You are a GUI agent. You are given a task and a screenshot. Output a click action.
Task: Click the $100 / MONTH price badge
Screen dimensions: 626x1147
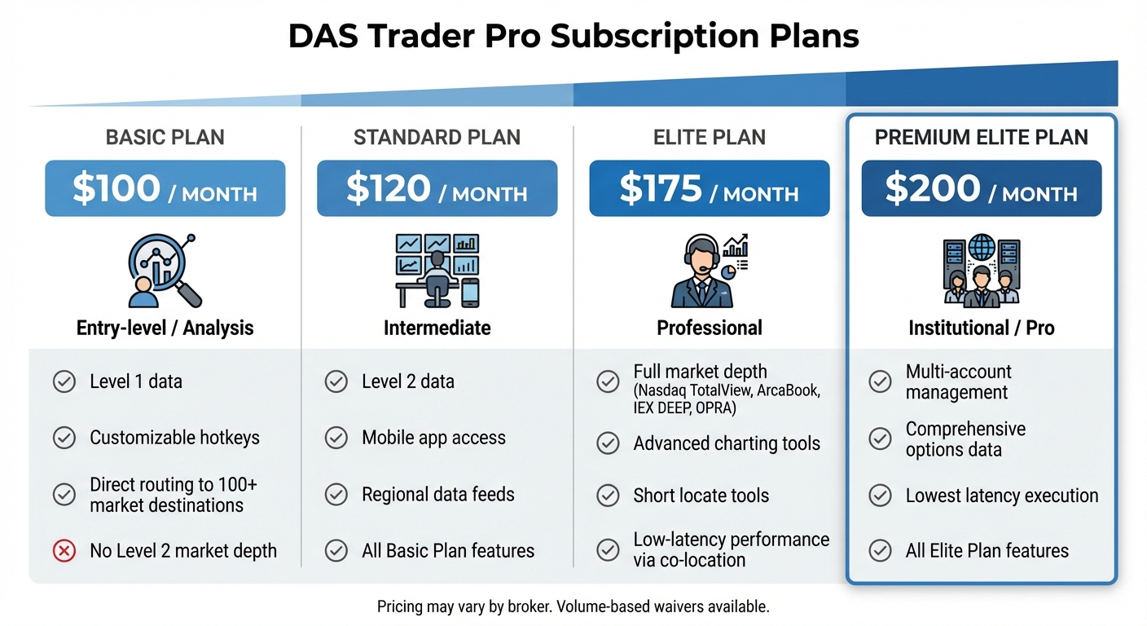point(165,188)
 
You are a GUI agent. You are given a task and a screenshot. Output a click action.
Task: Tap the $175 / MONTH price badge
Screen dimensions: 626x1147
point(709,188)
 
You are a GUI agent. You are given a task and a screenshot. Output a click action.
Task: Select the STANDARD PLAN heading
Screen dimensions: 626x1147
point(437,137)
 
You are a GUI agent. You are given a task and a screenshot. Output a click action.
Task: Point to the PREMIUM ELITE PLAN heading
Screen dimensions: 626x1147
point(981,137)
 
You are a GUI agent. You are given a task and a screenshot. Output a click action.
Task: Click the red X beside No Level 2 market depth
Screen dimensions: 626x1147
point(64,551)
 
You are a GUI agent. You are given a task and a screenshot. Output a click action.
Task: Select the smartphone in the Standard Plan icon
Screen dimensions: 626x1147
point(470,292)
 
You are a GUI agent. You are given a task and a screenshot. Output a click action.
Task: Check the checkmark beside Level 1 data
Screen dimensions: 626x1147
point(64,381)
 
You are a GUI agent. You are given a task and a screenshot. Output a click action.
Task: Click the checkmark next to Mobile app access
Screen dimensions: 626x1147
point(336,438)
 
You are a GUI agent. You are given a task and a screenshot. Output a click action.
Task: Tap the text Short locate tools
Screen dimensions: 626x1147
point(701,495)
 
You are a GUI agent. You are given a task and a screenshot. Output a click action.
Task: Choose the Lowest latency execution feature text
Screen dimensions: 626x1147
point(1001,495)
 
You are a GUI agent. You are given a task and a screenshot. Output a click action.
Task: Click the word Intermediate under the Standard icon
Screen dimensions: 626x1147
point(437,328)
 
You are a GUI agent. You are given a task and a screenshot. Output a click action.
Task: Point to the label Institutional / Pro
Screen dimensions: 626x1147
point(981,328)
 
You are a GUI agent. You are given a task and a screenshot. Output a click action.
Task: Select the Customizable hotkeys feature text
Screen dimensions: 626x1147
point(174,438)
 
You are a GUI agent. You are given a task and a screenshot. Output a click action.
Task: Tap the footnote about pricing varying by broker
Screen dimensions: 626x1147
point(573,606)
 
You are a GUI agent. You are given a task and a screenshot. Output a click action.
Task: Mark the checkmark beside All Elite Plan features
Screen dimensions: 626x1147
point(880,551)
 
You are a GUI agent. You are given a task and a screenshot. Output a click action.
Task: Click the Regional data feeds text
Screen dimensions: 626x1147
point(438,494)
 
